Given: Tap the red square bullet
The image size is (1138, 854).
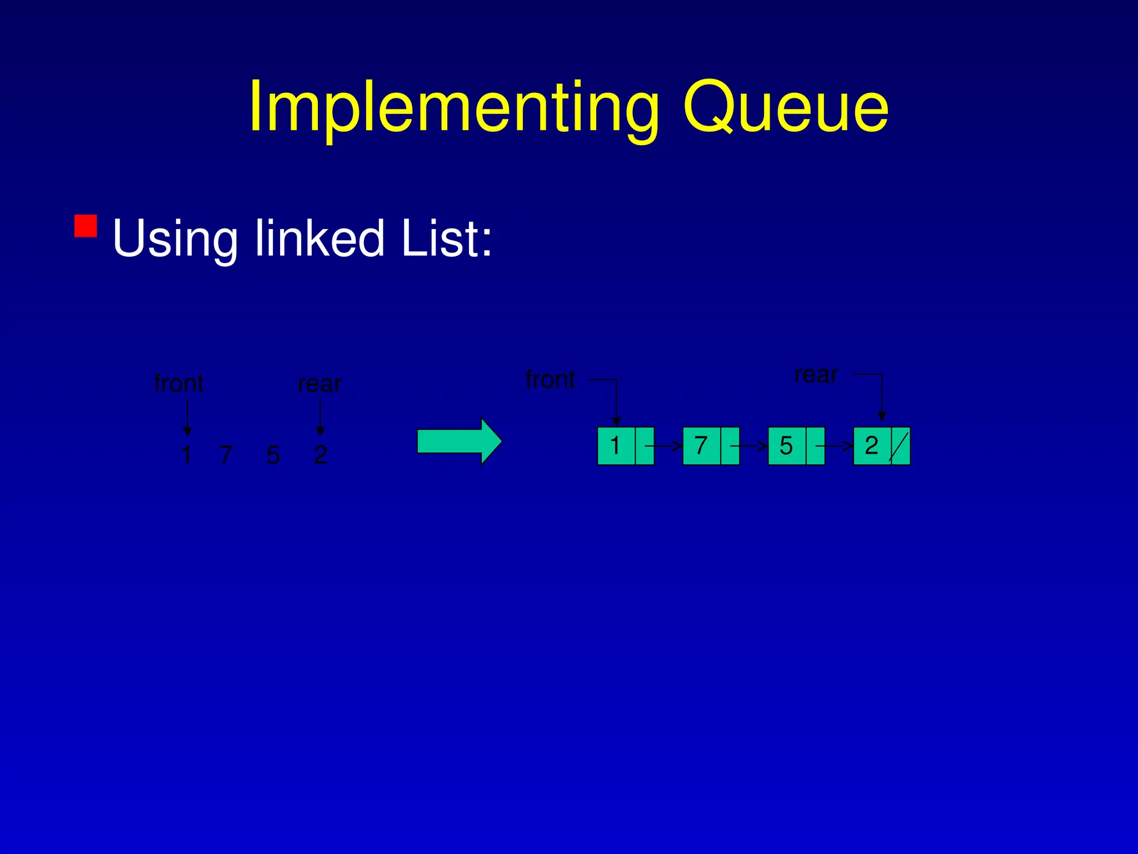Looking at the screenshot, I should pos(86,226).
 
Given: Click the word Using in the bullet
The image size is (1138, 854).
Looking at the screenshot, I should pos(174,239).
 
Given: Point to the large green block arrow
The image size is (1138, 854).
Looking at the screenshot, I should pos(459,441).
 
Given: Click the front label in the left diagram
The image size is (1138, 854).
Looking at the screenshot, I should pos(178,383).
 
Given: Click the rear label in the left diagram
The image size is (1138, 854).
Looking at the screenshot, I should pos(320,384).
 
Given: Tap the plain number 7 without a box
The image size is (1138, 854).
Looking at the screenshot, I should pos(225,455).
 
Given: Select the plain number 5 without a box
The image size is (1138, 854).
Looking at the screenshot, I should pos(273,455).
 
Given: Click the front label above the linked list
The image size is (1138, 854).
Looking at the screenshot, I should pos(550,379).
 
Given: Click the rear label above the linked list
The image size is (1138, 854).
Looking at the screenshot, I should pos(816,374).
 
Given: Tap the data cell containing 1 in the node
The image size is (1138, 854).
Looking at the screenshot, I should pos(616,446).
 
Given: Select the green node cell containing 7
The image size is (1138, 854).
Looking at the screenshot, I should pos(701,446).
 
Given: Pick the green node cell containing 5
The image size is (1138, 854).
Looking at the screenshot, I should pos(786,446).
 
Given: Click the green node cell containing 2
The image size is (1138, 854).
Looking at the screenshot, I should pos(872,446).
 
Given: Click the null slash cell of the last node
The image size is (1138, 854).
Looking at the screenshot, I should pos(900,446).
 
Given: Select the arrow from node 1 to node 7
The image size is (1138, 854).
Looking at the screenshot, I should pos(666,446).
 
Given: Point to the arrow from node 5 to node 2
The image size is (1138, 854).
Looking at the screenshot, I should pos(836,446).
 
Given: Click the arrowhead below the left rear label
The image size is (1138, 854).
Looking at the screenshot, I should pos(320,431).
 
